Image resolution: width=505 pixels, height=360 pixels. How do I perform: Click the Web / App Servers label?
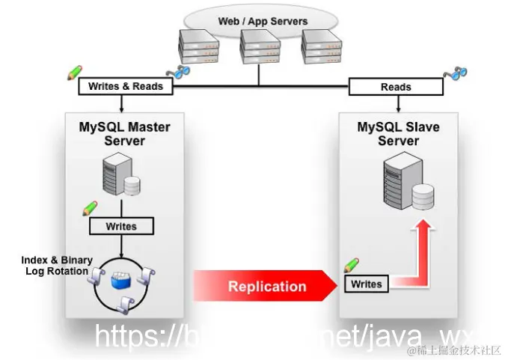263,21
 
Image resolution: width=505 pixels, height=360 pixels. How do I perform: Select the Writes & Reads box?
125,86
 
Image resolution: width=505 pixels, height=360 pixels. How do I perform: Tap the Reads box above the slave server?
396,87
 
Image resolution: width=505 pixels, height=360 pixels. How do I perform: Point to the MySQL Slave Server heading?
398,134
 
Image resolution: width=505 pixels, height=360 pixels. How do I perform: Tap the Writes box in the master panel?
121,225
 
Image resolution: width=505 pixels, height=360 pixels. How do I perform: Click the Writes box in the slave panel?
367,284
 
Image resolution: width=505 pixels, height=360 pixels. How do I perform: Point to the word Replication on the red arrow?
267,286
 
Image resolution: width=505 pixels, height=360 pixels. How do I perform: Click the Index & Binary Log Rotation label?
56,266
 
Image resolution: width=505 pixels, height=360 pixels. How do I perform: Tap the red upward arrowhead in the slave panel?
424,228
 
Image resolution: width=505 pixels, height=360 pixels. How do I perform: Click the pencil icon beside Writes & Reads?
74,73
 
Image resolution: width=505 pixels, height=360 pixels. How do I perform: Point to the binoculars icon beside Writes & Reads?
180,72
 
